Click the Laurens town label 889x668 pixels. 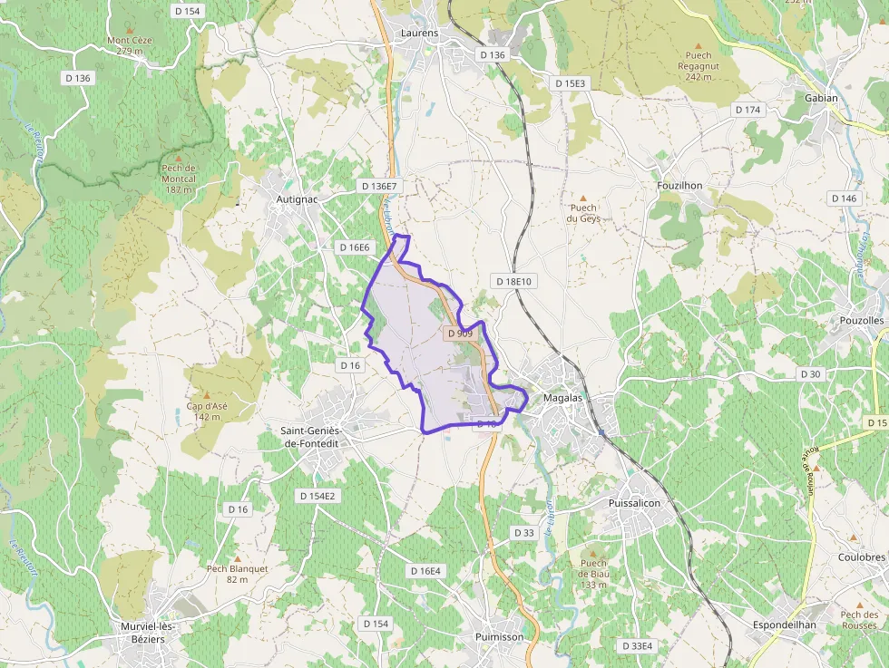coord(419,34)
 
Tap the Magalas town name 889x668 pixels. coord(562,398)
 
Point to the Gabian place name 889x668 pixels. coord(821,98)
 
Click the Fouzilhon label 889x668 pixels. coord(679,185)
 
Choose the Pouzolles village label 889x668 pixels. coord(862,322)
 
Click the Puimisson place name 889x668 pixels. coord(499,637)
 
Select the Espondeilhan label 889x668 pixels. coord(785,624)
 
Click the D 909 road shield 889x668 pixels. coord(461,334)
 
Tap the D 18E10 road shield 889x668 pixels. coord(513,282)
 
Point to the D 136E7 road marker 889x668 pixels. coord(379,186)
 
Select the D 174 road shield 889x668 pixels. coord(748,110)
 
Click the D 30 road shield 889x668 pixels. coord(810,373)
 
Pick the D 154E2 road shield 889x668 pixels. coord(317,496)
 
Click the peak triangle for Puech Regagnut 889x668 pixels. coord(698,44)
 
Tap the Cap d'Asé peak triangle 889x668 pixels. coord(207,395)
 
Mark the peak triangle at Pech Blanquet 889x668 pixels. coord(238,558)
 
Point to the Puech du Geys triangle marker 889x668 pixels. coord(583,197)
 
